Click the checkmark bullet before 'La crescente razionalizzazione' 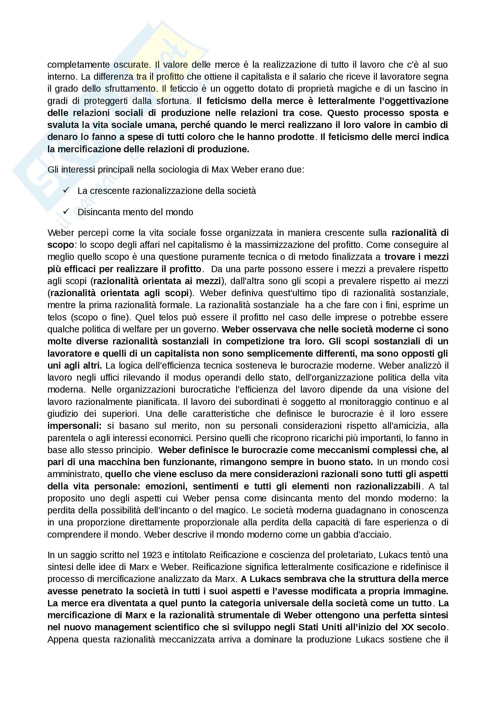point(66,190)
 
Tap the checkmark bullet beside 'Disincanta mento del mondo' point(66,211)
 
